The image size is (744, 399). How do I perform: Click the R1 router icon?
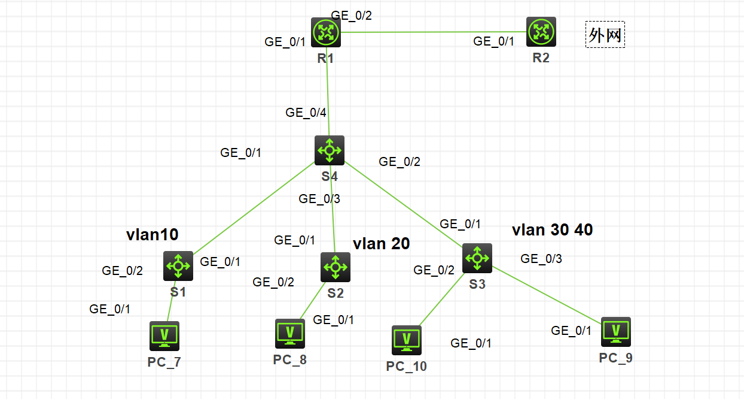pyautogui.click(x=326, y=32)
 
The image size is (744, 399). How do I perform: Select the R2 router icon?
pyautogui.click(x=541, y=31)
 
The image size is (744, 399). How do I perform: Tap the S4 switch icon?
pyautogui.click(x=330, y=150)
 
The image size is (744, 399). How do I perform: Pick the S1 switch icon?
pyautogui.click(x=178, y=265)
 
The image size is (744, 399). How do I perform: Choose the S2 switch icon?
pyautogui.click(x=336, y=267)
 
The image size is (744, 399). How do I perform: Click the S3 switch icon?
pyautogui.click(x=477, y=258)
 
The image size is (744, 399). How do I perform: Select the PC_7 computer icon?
pyautogui.click(x=164, y=335)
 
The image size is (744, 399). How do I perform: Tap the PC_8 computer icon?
pyautogui.click(x=290, y=333)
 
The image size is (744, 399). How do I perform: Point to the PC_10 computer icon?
pyautogui.click(x=407, y=340)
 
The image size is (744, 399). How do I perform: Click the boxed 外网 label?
pyautogui.click(x=605, y=35)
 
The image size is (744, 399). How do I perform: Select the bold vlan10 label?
pyautogui.click(x=153, y=235)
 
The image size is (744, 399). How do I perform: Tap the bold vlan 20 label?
pyautogui.click(x=382, y=243)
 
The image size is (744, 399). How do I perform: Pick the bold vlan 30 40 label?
pyautogui.click(x=553, y=230)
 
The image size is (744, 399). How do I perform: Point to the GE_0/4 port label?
pyautogui.click(x=306, y=112)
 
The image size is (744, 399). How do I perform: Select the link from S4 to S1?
pyautogui.click(x=254, y=207)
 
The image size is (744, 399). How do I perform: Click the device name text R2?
pyautogui.click(x=541, y=58)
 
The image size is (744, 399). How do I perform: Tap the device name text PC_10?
pyautogui.click(x=407, y=366)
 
